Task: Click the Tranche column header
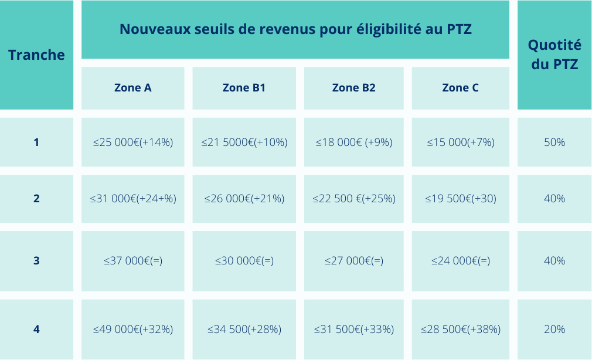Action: [36, 55]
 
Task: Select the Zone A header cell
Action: [132, 88]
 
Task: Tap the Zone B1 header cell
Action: [244, 88]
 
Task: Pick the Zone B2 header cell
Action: [353, 88]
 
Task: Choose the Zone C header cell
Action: [460, 88]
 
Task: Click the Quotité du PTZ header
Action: [554, 55]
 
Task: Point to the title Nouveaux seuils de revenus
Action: [295, 29]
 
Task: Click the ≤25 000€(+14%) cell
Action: [132, 142]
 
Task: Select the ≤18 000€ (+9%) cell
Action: [353, 142]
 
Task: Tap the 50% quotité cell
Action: [554, 142]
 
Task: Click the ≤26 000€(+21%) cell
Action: [244, 199]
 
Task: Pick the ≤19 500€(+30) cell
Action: [460, 199]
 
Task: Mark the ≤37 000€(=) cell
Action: [132, 261]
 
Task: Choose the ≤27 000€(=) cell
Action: [353, 261]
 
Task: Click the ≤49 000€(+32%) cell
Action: [132, 330]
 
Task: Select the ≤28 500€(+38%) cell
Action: [460, 330]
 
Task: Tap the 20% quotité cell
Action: [554, 330]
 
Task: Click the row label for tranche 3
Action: [36, 261]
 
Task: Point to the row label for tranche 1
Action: [36, 142]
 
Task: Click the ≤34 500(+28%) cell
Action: [244, 330]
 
